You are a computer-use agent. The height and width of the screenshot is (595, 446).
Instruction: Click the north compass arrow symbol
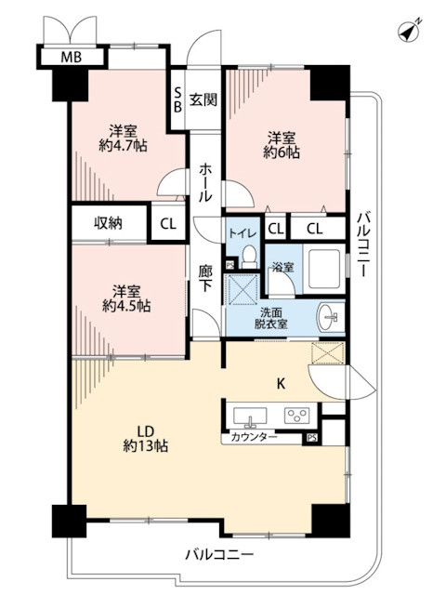[409, 31]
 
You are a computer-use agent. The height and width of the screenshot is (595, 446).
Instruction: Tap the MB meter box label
[72, 58]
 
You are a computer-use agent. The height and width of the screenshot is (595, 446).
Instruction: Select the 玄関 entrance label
[203, 99]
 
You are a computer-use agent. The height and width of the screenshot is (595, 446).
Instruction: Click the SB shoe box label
[177, 99]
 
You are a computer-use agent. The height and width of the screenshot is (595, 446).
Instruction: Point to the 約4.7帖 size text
[123, 145]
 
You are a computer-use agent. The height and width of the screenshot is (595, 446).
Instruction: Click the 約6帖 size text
[282, 152]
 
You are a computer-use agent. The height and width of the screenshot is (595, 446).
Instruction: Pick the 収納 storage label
[109, 223]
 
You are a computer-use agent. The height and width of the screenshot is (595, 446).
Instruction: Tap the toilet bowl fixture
[249, 257]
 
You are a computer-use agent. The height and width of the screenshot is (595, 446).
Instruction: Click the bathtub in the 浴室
[324, 269]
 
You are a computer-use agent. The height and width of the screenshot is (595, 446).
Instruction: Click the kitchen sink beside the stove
[250, 416]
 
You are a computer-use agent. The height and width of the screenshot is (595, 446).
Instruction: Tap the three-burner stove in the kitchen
[296, 416]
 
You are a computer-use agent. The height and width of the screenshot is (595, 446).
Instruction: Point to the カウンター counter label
[254, 438]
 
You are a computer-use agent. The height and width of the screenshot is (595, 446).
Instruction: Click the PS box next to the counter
[312, 438]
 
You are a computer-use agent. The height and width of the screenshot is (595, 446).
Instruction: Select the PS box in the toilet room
[230, 265]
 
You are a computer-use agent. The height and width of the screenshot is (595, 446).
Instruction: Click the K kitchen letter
[281, 384]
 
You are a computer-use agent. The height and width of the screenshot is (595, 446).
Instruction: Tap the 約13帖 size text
[146, 445]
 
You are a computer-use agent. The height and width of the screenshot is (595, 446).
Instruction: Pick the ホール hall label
[205, 182]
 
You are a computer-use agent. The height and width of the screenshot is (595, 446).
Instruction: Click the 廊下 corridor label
[205, 279]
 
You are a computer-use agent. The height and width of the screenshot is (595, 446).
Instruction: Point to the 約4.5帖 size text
[126, 306]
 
